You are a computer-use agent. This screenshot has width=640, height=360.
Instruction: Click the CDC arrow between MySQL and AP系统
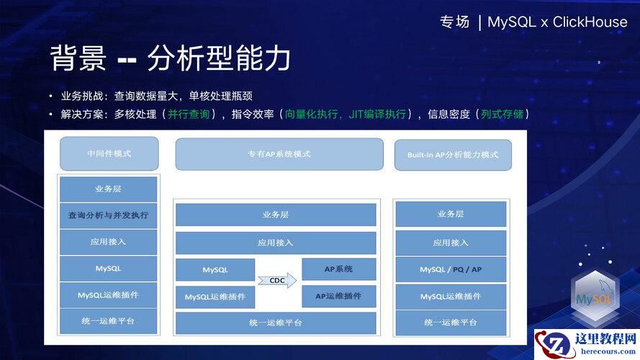(277, 280)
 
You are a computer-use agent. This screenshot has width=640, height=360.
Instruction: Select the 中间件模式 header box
(109, 153)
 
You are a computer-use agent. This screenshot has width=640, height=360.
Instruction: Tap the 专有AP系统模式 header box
(279, 154)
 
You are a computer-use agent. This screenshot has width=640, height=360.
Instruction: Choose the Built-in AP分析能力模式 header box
(453, 155)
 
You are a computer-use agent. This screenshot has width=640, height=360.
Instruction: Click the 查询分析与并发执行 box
(108, 215)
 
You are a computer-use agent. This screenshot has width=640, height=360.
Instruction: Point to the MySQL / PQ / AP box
(451, 269)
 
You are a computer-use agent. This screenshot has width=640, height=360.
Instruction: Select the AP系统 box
(339, 269)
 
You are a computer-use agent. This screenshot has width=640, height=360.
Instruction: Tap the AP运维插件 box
(339, 297)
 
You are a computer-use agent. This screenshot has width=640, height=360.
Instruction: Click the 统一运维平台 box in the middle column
(276, 323)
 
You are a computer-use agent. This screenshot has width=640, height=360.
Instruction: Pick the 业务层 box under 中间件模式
(108, 189)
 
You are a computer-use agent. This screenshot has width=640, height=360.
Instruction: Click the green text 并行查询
(189, 114)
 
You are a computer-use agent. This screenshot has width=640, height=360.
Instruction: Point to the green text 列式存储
(502, 114)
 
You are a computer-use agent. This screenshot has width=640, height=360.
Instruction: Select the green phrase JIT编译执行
(377, 114)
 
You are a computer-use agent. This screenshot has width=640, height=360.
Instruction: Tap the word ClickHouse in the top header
(590, 22)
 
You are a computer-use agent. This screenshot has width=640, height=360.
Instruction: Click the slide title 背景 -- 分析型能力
(170, 58)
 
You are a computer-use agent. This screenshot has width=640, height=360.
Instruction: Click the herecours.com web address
(608, 351)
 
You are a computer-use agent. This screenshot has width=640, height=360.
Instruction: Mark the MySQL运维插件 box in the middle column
(215, 297)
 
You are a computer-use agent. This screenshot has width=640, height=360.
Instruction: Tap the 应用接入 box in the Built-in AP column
(451, 243)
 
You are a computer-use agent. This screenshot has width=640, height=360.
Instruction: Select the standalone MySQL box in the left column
(108, 269)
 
